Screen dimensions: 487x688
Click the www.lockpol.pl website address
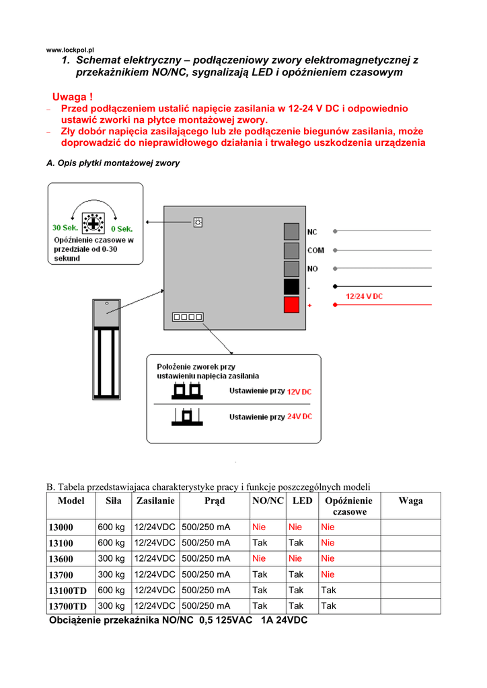point(70,50)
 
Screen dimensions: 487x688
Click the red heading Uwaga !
point(73,97)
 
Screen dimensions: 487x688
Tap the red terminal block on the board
point(291,304)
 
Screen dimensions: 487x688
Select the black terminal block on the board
point(291,286)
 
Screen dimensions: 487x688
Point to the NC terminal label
point(312,232)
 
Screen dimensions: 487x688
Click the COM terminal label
point(315,251)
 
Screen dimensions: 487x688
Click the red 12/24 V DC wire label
point(364,296)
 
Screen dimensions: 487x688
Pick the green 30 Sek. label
point(65,228)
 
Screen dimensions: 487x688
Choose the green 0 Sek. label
point(122,229)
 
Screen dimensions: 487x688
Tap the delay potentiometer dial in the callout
point(93,223)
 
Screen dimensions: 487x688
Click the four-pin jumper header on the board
point(188,317)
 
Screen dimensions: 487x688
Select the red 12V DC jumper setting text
point(299,392)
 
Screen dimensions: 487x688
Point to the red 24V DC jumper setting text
point(299,417)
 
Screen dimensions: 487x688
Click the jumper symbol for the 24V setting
point(187,417)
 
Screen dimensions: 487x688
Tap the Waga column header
point(410,501)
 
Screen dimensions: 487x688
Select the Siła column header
point(113,501)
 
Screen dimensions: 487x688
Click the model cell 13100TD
point(68,591)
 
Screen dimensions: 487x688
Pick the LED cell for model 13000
point(295,527)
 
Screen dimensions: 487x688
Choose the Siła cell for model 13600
point(111,558)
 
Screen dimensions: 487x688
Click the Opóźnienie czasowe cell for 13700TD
point(328,606)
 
